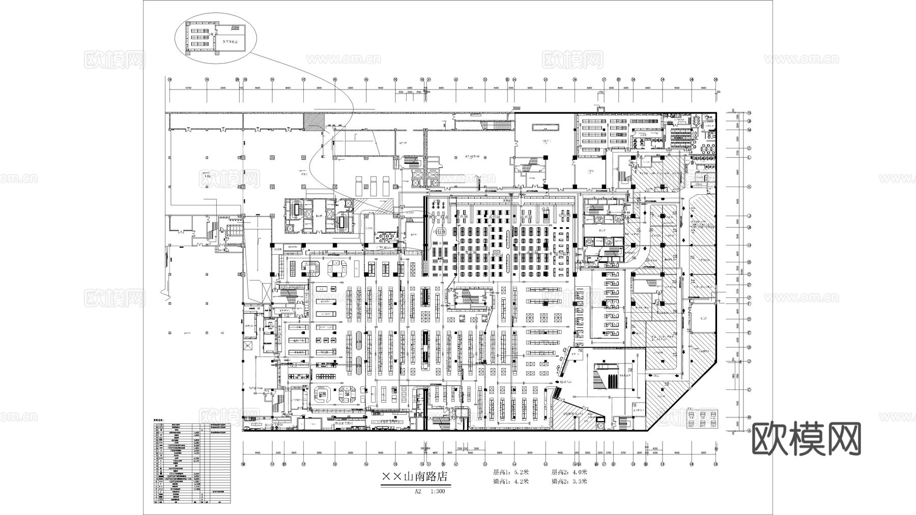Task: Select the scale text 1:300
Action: click(x=437, y=492)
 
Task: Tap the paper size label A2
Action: click(x=418, y=492)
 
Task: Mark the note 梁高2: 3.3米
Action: click(x=569, y=481)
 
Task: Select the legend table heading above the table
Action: click(x=160, y=419)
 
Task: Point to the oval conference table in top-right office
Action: click(x=694, y=121)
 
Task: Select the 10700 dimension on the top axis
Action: click(x=188, y=88)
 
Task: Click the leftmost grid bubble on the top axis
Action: click(x=169, y=79)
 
